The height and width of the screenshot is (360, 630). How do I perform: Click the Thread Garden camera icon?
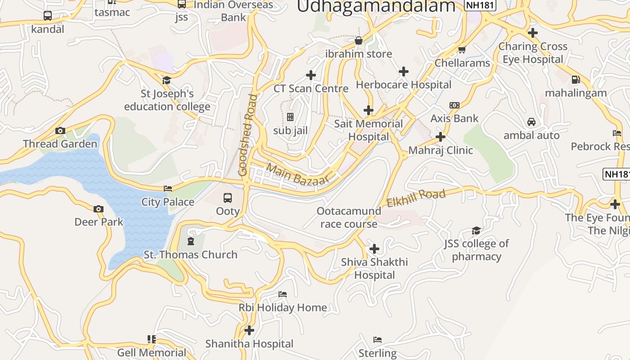coord(60,131)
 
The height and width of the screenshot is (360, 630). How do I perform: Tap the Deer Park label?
coord(99,222)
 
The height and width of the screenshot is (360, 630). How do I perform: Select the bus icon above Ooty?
coord(228,198)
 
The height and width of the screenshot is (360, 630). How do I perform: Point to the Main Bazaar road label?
coord(297,175)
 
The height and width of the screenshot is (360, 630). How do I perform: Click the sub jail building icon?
coord(290,117)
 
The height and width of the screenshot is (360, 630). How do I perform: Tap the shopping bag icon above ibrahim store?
coord(359,41)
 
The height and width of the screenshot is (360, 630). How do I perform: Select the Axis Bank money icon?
coord(454,105)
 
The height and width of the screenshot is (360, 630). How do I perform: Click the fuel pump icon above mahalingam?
coord(576,80)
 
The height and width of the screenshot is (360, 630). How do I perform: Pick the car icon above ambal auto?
coord(531,122)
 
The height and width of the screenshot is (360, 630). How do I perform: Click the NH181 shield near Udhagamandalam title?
coord(480,5)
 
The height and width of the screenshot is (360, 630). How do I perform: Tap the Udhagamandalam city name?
coord(376,6)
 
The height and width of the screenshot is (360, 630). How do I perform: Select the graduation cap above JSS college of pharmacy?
coord(476,231)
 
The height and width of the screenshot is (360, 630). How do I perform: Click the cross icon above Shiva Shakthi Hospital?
coord(374,249)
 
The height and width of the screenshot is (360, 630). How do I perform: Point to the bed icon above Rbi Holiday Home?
coord(283,294)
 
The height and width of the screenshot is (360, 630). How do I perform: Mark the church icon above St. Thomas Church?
coord(191,241)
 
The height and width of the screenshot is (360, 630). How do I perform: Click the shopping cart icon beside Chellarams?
coord(461,50)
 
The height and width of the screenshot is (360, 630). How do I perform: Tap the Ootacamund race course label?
coord(349,217)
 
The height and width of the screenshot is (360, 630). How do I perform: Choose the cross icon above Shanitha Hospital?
coord(249,330)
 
